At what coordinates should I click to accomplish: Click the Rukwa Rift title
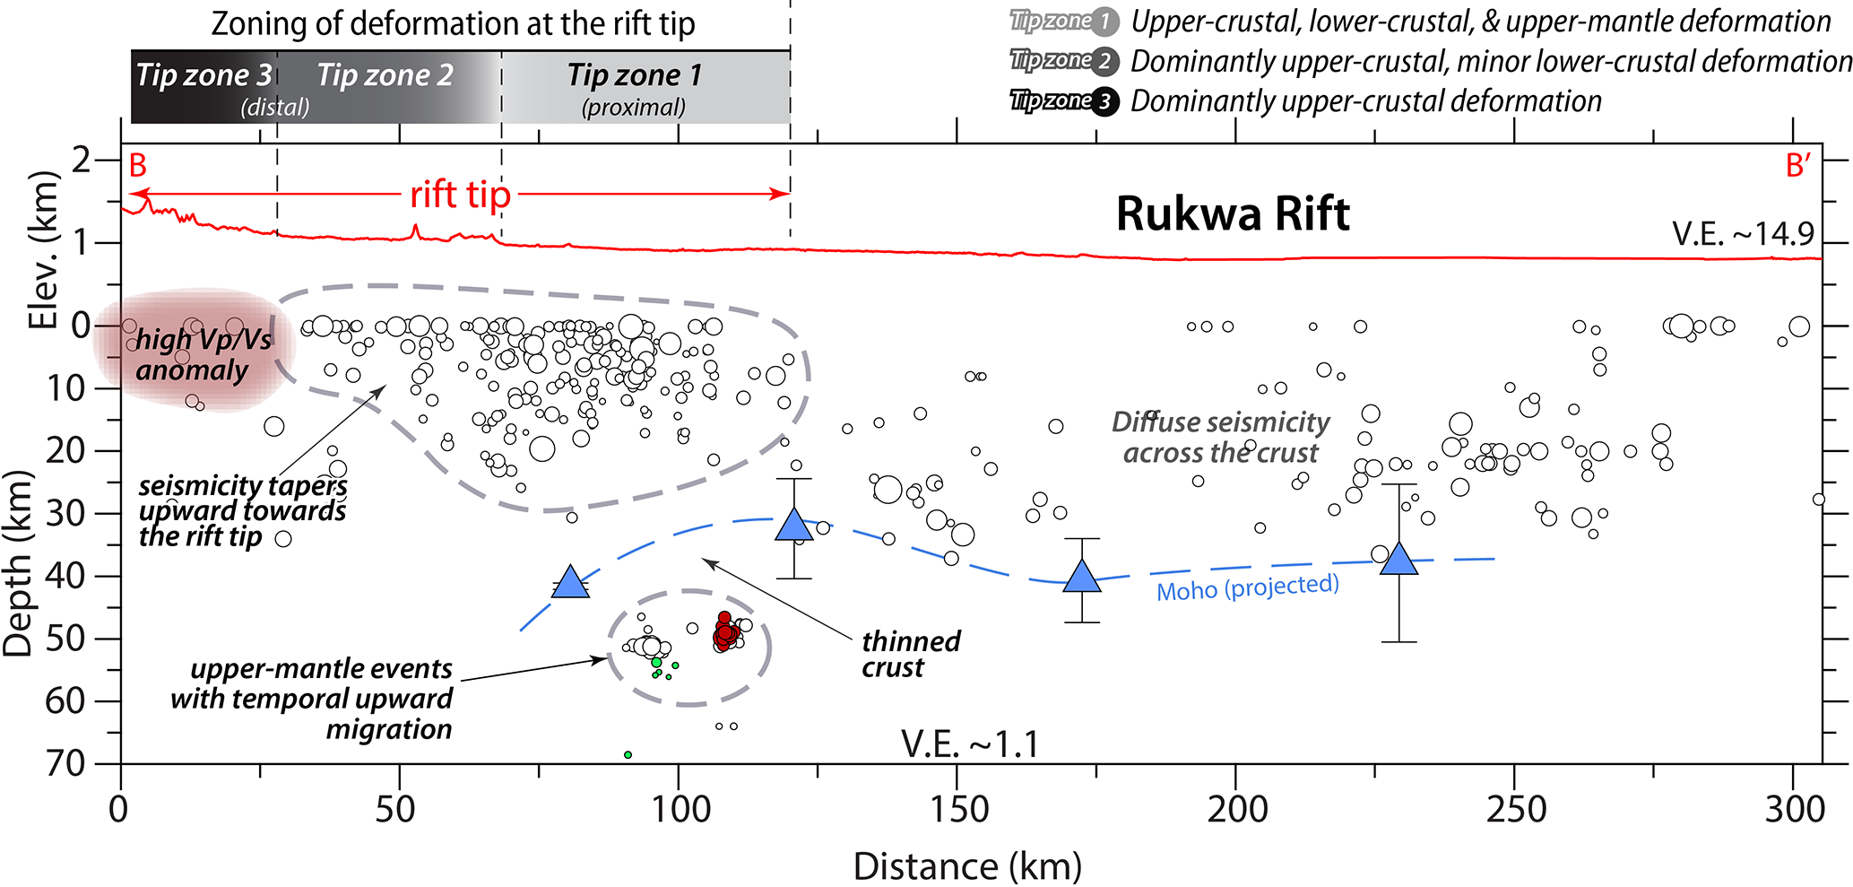coord(1233,214)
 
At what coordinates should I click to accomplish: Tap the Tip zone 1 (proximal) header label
coord(634,88)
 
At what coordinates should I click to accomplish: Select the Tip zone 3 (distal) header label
coord(204,88)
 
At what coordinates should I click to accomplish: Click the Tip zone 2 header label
coord(385,75)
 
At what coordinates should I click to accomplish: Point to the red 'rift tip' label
coord(460,195)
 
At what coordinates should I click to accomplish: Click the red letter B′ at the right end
coord(1797,166)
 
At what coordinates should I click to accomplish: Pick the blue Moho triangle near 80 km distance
coord(570,583)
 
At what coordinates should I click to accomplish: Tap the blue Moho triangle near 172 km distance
coord(1082,577)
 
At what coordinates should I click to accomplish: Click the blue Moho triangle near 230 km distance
coord(1398,560)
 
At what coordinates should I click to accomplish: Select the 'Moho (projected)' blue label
coord(1247,588)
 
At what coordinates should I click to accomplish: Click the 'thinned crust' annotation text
coord(910,654)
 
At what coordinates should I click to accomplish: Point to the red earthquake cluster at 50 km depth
coord(725,630)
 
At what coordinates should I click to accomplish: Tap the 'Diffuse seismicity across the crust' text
coord(1221,437)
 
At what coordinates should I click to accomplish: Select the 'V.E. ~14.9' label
coord(1743,234)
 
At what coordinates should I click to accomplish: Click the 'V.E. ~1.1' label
coord(969,744)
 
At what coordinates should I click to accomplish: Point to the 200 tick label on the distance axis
coord(1237,810)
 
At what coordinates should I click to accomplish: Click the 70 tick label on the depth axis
coord(65,763)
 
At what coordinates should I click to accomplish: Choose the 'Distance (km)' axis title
coord(967,866)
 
